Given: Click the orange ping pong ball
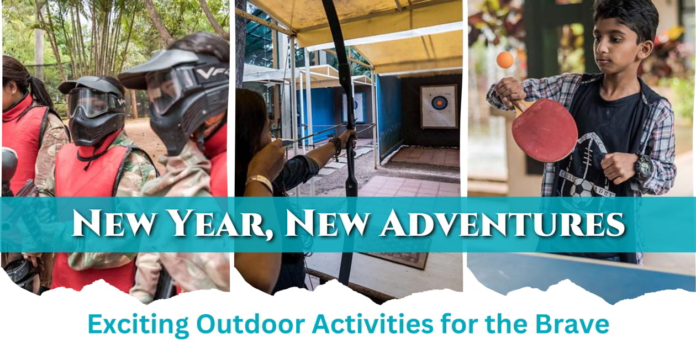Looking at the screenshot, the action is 505,60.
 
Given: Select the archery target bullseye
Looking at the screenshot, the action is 438,102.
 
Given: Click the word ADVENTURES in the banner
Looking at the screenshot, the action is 503,223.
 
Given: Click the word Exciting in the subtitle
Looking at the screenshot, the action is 138,325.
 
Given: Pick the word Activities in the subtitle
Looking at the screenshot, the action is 372,324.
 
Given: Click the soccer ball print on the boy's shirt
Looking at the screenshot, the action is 581,188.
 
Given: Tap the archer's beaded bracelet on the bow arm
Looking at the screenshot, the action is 336,147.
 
